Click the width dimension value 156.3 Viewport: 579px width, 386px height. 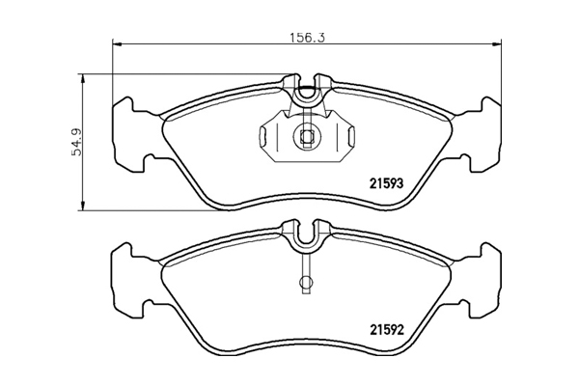307,38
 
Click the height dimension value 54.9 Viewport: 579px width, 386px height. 77,143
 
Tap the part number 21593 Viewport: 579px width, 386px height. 387,183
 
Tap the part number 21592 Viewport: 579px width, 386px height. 387,329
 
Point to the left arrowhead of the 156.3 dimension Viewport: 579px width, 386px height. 117,44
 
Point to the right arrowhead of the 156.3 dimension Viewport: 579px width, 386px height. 497,44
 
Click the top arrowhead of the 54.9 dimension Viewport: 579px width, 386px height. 83,78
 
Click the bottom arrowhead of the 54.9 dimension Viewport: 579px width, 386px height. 83,207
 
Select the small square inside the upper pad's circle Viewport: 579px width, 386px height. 306,138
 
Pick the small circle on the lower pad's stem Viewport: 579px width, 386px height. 306,283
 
